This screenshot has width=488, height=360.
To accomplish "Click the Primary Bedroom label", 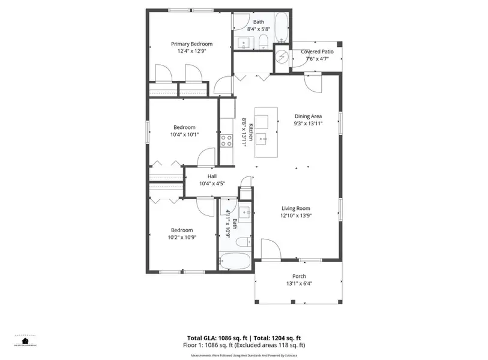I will point(191,44).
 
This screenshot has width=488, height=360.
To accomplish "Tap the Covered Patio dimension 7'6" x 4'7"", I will point(316,59).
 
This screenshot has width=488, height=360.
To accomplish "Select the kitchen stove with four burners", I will point(226,140).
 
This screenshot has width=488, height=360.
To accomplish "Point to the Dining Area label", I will point(308,116).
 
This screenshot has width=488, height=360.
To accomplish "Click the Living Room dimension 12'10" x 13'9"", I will point(297,215).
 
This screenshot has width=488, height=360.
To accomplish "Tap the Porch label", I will point(299,276).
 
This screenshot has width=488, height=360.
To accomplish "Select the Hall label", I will point(212,176).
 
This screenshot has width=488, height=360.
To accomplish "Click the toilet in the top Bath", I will point(263,41).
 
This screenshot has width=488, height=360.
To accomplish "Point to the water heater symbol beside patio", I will point(282,59).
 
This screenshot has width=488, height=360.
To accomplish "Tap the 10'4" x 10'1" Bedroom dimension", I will point(184,134).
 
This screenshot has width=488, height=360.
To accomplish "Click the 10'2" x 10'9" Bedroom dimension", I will point(182,237).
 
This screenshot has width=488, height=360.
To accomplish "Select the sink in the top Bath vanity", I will point(243,42).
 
